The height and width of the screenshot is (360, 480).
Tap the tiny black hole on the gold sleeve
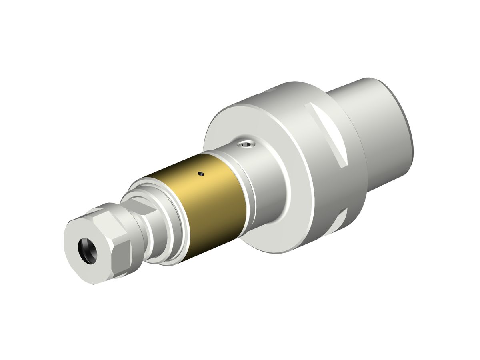click(201, 174)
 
